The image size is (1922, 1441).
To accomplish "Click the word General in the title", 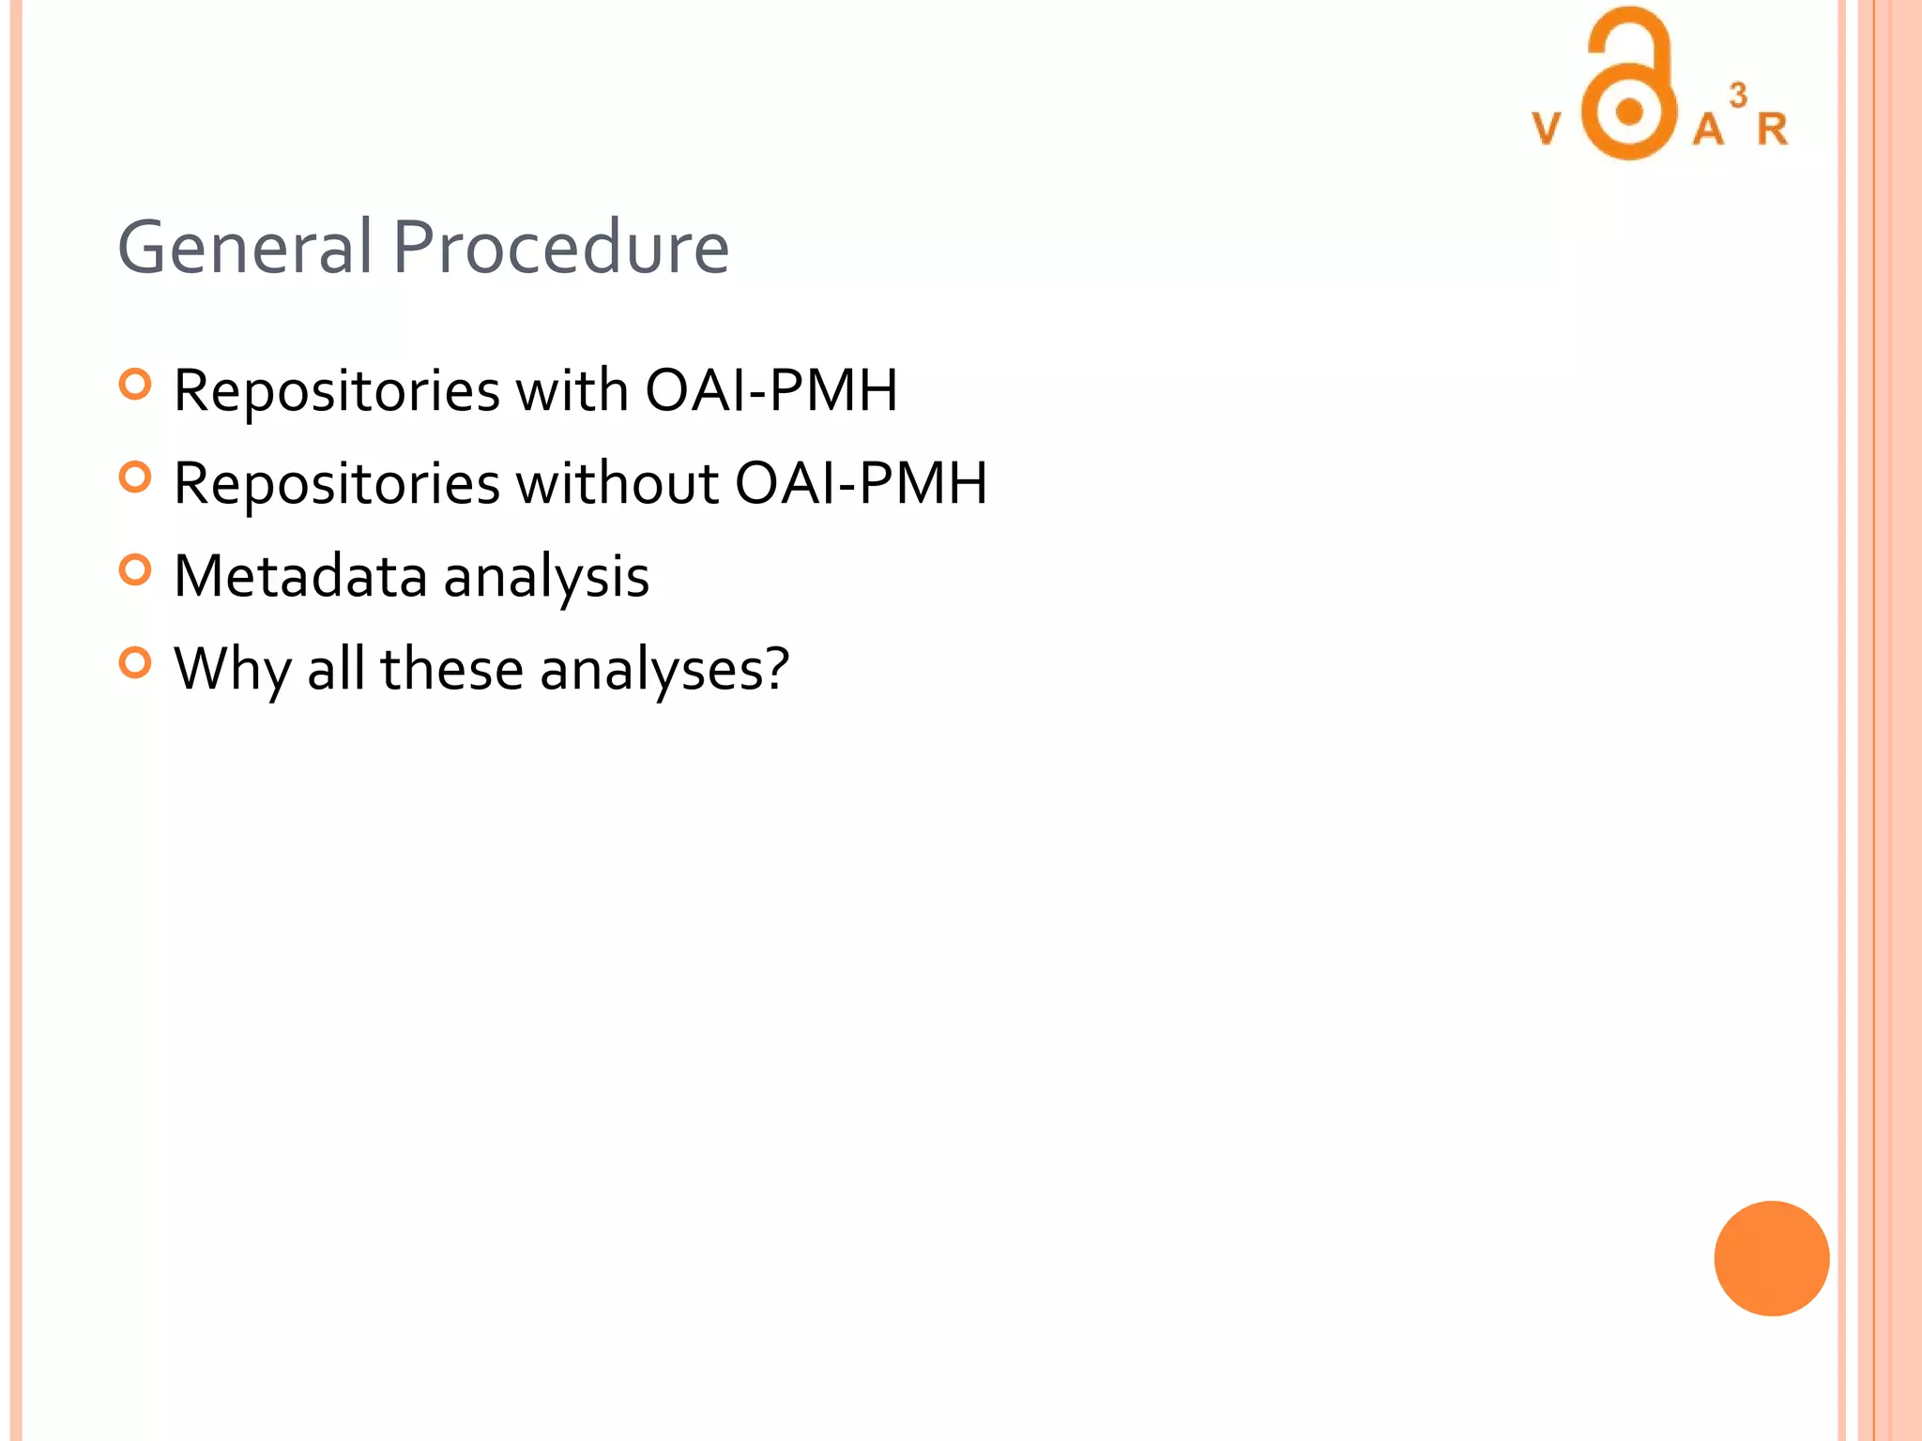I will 245,247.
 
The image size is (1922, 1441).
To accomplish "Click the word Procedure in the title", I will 560,247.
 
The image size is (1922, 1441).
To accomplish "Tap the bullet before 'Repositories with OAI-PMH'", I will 135,385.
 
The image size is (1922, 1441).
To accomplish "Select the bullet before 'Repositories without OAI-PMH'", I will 135,478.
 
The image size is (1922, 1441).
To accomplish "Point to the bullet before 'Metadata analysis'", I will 135,570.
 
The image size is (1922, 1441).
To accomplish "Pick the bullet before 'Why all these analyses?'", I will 135,663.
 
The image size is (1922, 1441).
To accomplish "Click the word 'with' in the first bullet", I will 572,389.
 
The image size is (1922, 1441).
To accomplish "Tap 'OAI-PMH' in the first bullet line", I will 771,389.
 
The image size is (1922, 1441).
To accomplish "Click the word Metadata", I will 300,575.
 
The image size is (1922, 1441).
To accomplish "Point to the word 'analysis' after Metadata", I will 546,575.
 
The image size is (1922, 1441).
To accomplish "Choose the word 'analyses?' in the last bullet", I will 664,670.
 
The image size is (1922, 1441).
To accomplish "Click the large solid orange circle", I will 1771,1258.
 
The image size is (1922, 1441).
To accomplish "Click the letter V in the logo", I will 1547,129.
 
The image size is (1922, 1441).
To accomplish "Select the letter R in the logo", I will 1772,129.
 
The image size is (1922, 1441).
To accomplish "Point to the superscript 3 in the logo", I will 1738,95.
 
